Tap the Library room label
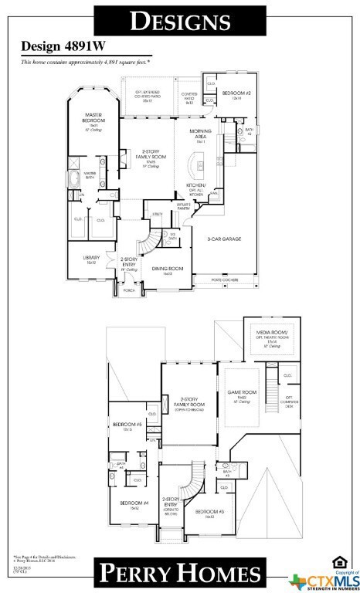(91, 260)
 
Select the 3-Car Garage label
(223, 239)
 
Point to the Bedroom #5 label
(127, 425)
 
